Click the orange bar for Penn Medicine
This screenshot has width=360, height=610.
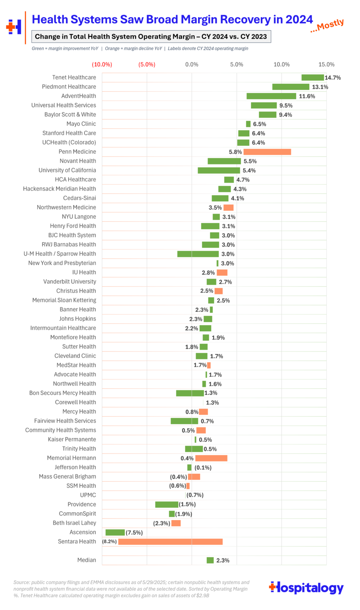[x=267, y=152]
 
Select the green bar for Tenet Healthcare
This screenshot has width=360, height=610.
[x=312, y=77]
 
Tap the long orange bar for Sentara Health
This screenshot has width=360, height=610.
[x=170, y=542]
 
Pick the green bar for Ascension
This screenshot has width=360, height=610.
[x=115, y=533]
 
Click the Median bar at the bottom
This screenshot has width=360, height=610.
[x=210, y=560]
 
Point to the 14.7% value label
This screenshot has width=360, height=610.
[x=333, y=78]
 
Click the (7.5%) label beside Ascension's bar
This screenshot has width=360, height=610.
[x=134, y=533]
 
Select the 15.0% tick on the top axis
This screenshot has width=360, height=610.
[x=326, y=64]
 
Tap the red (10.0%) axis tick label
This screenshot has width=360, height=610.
[x=102, y=64]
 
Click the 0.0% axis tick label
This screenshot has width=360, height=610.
[x=192, y=64]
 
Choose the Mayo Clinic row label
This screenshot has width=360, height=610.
[x=81, y=124]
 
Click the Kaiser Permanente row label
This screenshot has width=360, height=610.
[x=72, y=439]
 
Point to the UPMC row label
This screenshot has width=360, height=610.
[x=88, y=495]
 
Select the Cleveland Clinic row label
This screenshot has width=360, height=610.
[x=75, y=356]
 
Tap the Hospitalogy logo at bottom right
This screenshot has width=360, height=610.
[x=306, y=587]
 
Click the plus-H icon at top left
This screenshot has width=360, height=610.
[x=14, y=27]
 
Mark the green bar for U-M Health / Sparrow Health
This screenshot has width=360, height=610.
[x=198, y=254]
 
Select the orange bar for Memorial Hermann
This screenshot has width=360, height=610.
[x=211, y=458]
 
